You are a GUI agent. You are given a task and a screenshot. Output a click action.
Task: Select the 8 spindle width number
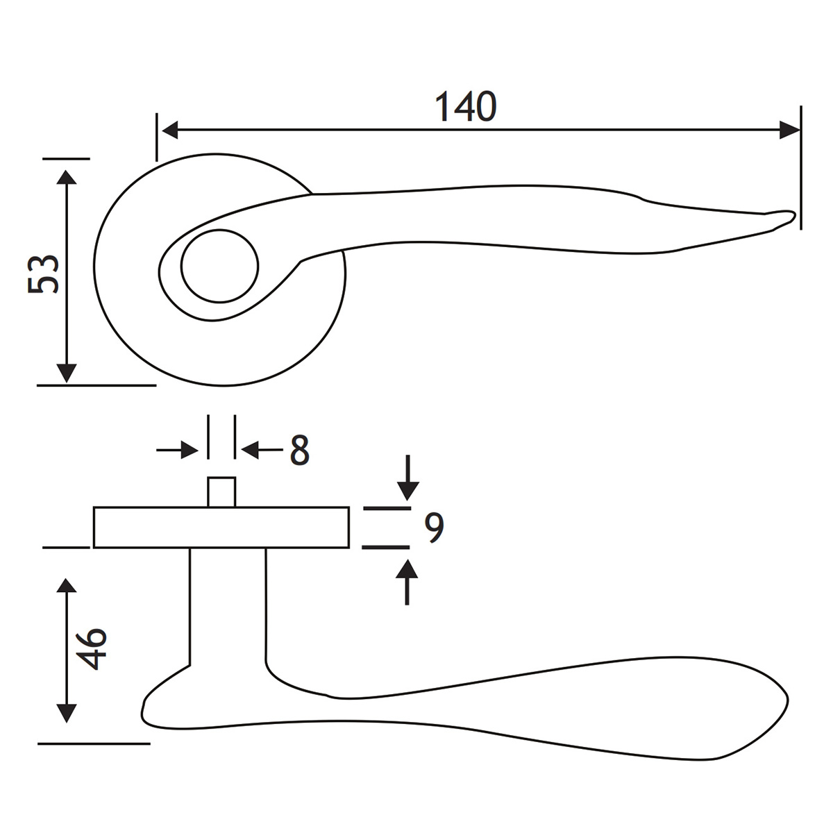click(299, 451)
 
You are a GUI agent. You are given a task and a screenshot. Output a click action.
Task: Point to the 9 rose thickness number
click(434, 528)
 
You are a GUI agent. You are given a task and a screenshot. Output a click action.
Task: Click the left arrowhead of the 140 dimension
click(169, 130)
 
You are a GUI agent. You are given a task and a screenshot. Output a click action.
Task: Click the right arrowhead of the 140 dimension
click(789, 130)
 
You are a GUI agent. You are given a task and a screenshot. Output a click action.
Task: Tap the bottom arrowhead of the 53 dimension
click(66, 372)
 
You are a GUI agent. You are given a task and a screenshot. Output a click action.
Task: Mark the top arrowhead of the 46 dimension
click(66, 587)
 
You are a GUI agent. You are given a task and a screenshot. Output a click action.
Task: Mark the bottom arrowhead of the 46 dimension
click(66, 713)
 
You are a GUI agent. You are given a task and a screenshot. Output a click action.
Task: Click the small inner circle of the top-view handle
click(219, 266)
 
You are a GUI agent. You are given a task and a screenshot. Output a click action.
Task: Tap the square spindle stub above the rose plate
click(221, 492)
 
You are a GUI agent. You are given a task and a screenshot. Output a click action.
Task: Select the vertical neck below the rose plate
click(228, 604)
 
